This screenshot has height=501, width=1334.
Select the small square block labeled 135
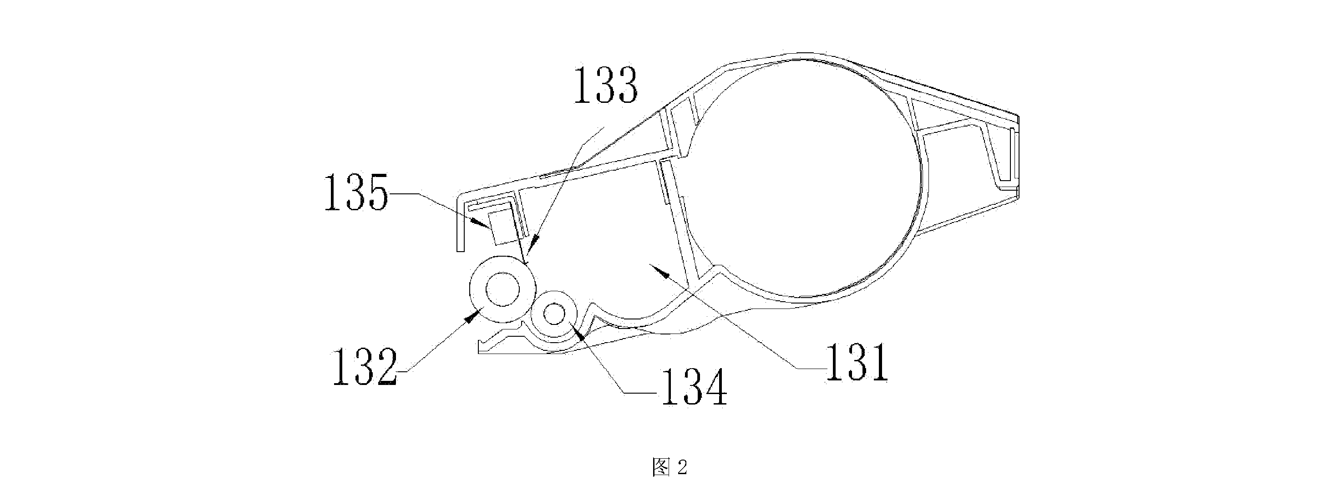click(x=502, y=227)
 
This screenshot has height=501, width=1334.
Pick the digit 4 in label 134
click(x=715, y=387)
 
